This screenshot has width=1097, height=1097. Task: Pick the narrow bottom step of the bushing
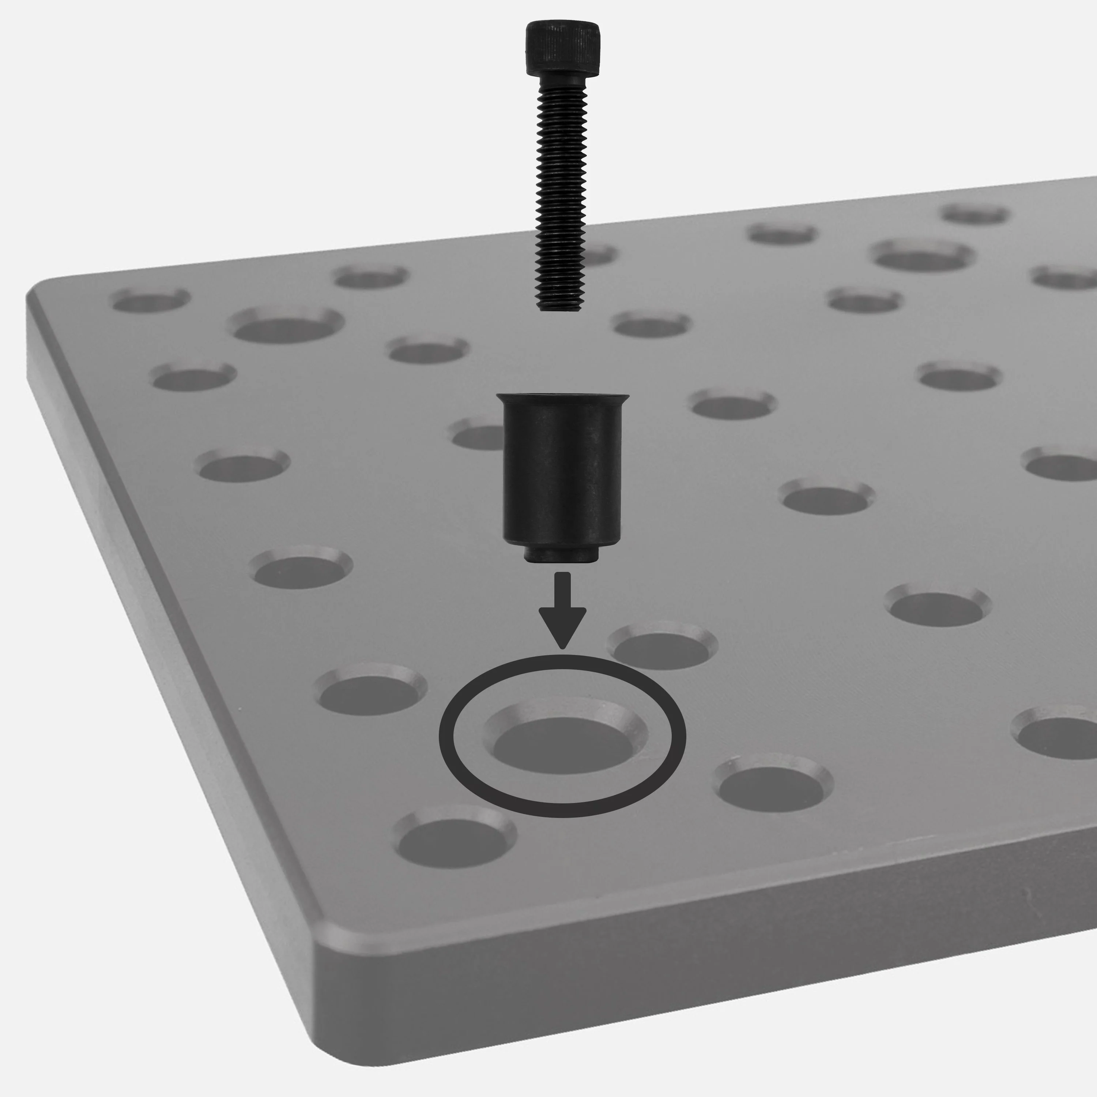pyautogui.click(x=561, y=555)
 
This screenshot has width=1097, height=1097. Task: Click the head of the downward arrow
pyautogui.click(x=562, y=625)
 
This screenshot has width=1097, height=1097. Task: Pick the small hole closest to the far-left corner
pyautogui.click(x=150, y=300)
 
